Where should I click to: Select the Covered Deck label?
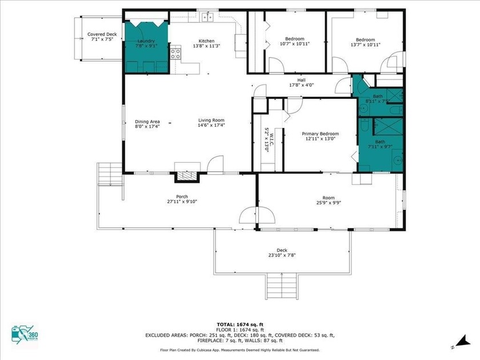coord(102,38)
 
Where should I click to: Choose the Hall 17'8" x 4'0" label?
coord(301,82)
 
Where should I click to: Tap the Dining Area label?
coord(147,123)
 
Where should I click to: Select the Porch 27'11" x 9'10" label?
coord(178,199)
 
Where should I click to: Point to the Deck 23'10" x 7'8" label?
coord(282,253)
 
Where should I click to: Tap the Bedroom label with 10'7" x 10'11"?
coord(295,42)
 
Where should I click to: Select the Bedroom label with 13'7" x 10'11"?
coord(366,42)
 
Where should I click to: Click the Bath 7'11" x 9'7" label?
coord(380,144)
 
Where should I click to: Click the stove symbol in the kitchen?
coord(176,55)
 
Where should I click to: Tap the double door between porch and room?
coord(256,215)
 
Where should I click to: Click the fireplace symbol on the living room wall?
coord(187,177)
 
